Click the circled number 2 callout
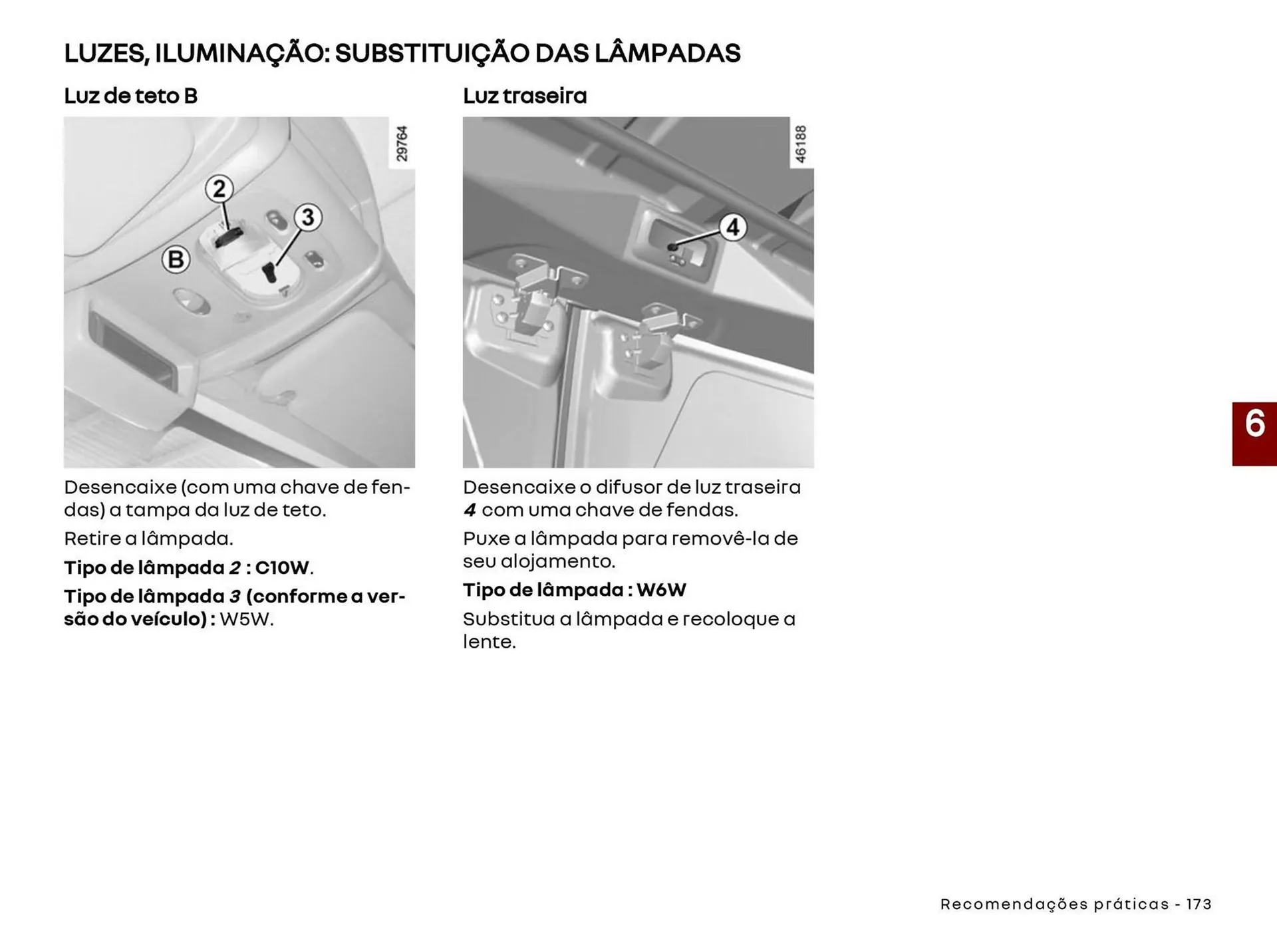click(219, 190)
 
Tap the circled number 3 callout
click(307, 217)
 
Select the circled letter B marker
click(176, 259)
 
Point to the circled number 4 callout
click(732, 227)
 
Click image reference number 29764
click(402, 144)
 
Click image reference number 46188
click(801, 144)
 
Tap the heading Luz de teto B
click(131, 96)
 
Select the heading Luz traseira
click(525, 96)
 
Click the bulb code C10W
click(283, 568)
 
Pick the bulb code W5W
click(245, 619)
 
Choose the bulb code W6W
click(661, 590)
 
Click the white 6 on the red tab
click(1254, 424)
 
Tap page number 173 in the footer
click(1199, 904)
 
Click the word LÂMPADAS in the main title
click(667, 53)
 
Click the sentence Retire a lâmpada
click(148, 539)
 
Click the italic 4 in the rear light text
click(470, 511)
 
